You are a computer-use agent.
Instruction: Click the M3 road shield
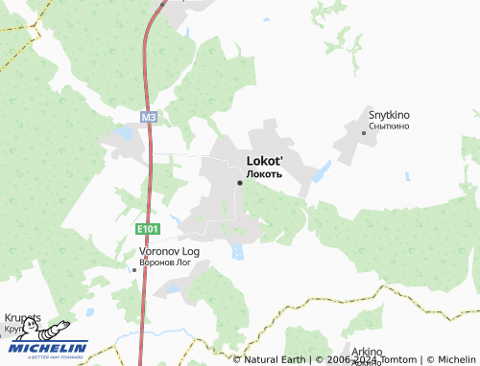point(147,118)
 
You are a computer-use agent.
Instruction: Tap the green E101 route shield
point(146,229)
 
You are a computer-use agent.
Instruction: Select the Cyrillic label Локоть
point(264,174)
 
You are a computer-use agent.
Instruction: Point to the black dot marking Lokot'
point(239,182)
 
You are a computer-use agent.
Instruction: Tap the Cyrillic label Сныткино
point(389,126)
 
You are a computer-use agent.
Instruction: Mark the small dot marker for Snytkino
point(364,132)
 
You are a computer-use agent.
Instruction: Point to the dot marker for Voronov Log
point(133,269)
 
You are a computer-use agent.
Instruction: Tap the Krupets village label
point(23,318)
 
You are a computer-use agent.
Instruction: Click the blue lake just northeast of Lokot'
point(322,172)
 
